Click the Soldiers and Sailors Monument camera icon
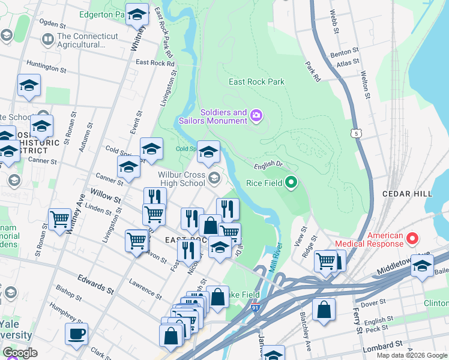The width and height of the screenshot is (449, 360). coord(257,115)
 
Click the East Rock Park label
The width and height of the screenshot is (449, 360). coord(256,82)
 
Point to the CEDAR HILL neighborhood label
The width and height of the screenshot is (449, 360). coord(408,194)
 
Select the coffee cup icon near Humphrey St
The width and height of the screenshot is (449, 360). coord(76,334)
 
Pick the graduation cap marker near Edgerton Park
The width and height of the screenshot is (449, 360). coord(137,13)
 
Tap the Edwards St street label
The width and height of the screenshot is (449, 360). coord(95,283)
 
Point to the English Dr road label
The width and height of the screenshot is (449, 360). coord(268,163)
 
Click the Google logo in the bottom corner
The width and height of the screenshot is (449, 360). coord(20,352)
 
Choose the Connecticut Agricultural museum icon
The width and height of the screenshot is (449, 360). coord(47,40)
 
